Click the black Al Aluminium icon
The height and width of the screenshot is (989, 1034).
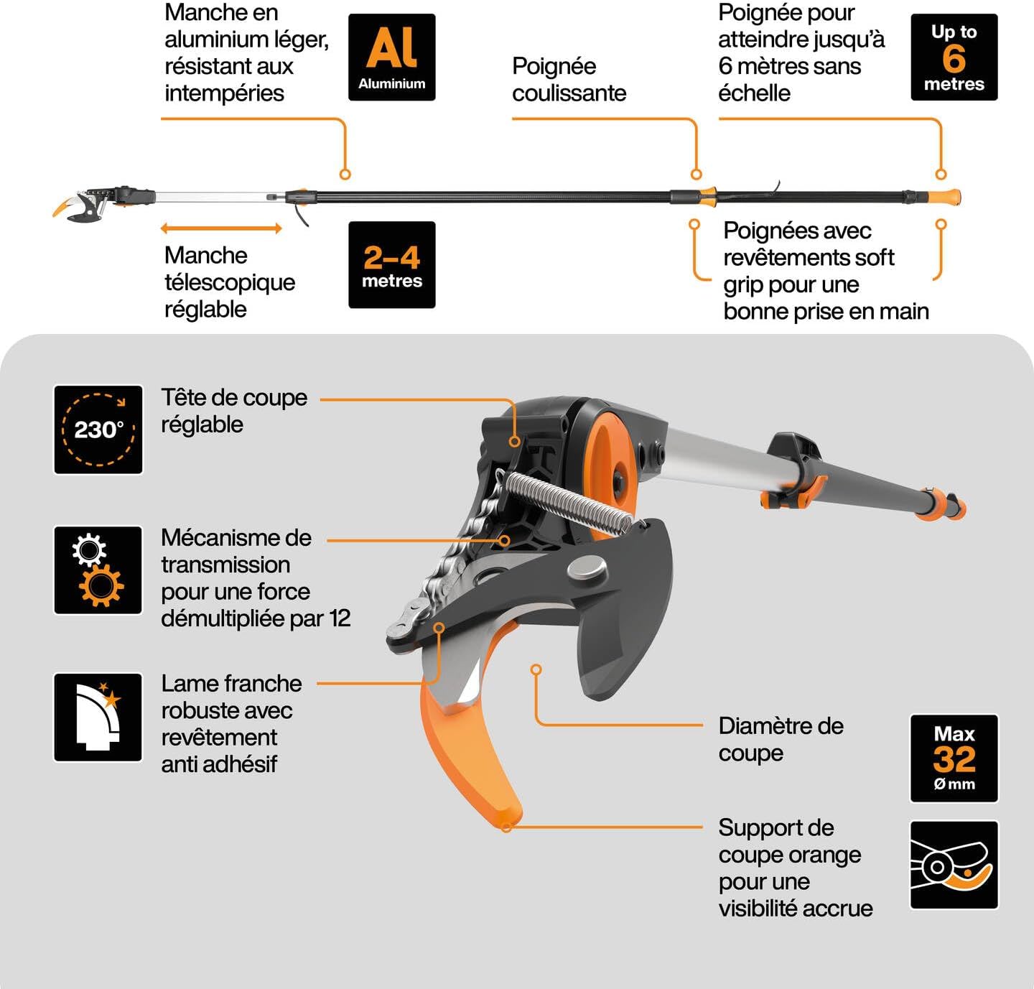point(391,57)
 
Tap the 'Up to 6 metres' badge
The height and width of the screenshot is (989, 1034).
point(954,57)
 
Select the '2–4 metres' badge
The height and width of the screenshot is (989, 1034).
point(391,264)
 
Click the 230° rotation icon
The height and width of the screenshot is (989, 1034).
point(98,430)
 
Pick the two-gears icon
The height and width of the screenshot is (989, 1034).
point(98,570)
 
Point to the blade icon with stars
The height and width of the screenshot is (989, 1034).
point(98,718)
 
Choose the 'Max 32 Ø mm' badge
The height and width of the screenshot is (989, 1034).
point(954,758)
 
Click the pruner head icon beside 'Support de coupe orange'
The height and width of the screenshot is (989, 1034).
point(954,865)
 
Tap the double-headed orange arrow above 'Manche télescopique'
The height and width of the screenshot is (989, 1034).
point(221,228)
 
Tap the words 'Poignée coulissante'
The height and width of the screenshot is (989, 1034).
point(569,80)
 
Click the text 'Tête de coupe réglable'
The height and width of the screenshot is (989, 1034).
point(234,411)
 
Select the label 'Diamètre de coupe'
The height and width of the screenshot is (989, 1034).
point(781,739)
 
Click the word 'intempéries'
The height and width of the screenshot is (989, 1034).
point(224,93)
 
